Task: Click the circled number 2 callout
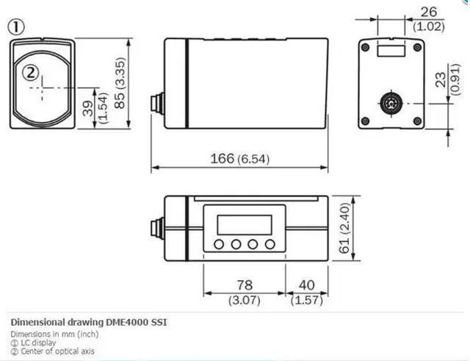pyautogui.click(x=30, y=72)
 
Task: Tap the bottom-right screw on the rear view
pyautogui.click(x=417, y=121)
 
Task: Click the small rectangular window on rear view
pyautogui.click(x=390, y=51)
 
